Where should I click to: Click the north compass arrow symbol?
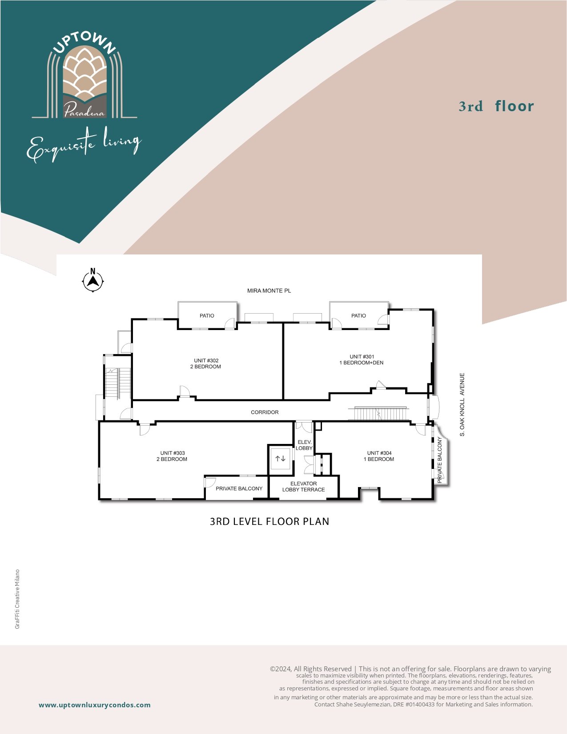pos(93,280)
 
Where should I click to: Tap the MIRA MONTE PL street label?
pos(269,290)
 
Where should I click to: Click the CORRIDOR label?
pos(265,412)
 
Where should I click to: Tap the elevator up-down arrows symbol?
pos(280,458)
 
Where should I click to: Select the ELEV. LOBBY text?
pos(304,445)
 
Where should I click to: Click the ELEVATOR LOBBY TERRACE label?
pos(304,486)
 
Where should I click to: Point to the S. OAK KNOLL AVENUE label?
pos(462,404)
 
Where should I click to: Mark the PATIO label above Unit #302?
pos(207,315)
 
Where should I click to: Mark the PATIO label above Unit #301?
pos(358,315)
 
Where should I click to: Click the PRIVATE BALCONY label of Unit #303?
pos(239,488)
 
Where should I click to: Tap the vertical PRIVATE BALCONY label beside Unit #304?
pos(440,460)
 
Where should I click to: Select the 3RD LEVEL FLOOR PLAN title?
pos(269,521)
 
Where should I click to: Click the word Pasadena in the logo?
pos(84,110)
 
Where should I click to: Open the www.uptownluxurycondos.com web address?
pos(95,705)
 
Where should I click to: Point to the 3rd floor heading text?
pos(496,106)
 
